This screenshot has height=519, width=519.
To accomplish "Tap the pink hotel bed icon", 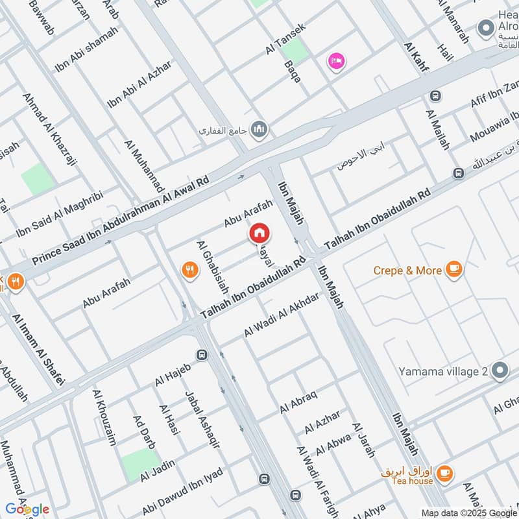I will (x=336, y=62).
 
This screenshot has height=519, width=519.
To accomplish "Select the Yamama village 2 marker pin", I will (x=500, y=371).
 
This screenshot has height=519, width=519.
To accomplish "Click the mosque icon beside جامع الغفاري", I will (x=260, y=130).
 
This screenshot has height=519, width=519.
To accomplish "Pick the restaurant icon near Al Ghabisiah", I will (x=189, y=270).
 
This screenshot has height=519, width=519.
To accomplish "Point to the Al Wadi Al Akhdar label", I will (x=282, y=315).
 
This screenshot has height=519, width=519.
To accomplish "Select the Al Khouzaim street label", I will (x=104, y=418).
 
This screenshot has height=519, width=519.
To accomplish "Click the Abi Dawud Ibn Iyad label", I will (x=183, y=491).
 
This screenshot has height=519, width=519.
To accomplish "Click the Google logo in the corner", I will (x=27, y=509).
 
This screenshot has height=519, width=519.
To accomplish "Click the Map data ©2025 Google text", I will (x=468, y=513).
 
